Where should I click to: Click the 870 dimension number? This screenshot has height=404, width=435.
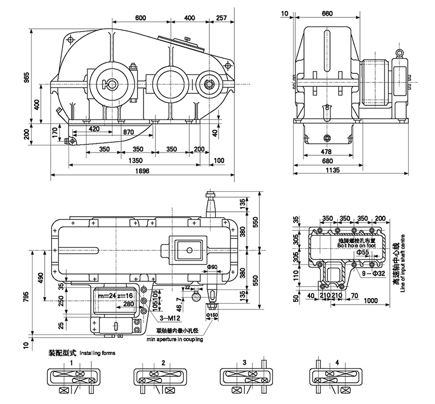coord(129,132)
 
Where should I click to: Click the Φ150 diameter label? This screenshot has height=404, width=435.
coord(212,315)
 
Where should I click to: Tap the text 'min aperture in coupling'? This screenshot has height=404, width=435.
coord(172,339)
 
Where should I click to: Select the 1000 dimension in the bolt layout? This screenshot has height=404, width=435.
coord(371,301)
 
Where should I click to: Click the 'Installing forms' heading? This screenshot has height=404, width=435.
coord(97,352)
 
